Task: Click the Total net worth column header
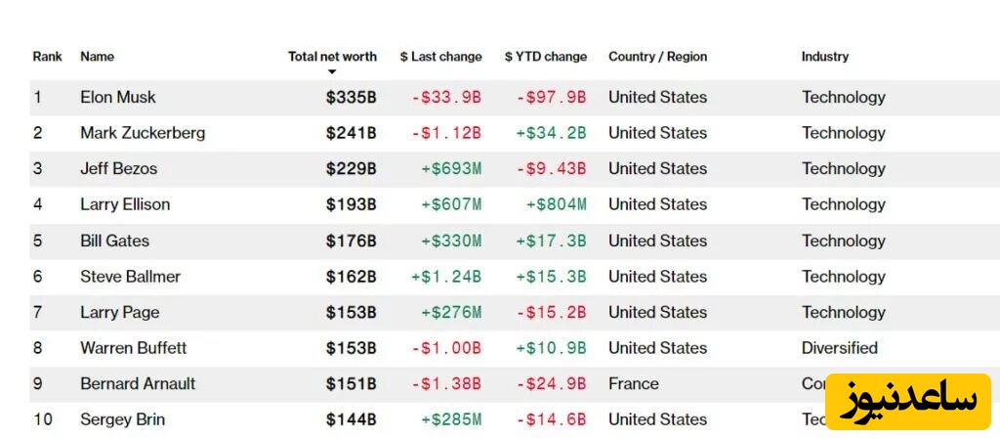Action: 332,57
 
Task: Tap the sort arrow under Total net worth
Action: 332,72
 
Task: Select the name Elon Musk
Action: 117,97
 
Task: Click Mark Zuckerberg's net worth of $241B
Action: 351,133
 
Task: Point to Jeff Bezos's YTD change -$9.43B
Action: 551,168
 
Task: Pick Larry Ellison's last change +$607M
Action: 451,204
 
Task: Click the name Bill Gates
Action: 114,241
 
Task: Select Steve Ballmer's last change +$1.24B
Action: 446,277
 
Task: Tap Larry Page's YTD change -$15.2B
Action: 551,312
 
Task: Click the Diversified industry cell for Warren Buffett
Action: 839,348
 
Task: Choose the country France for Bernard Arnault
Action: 633,383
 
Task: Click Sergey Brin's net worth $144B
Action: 351,419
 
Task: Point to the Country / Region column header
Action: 657,57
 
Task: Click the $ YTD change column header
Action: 546,57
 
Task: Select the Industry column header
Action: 824,57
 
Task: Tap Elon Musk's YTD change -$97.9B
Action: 551,97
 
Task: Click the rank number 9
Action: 38,383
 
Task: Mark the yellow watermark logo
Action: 908,401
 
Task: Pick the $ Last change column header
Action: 440,57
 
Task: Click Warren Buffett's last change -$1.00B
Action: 446,348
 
